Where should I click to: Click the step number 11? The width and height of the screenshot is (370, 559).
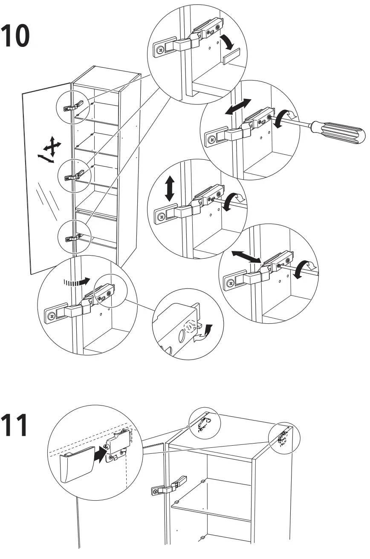point(15,425)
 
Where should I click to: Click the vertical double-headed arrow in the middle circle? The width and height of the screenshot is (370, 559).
point(170,190)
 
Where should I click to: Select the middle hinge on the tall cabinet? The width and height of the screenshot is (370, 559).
point(73,175)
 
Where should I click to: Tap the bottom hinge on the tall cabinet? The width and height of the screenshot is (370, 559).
point(73,237)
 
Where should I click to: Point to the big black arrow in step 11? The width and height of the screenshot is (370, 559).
point(98,453)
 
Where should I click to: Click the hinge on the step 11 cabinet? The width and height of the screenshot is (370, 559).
point(169,485)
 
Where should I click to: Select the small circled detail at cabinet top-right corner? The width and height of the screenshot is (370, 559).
point(284,438)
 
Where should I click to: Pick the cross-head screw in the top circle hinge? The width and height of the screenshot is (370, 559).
point(160,50)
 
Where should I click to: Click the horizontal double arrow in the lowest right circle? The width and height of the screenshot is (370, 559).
point(246,256)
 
